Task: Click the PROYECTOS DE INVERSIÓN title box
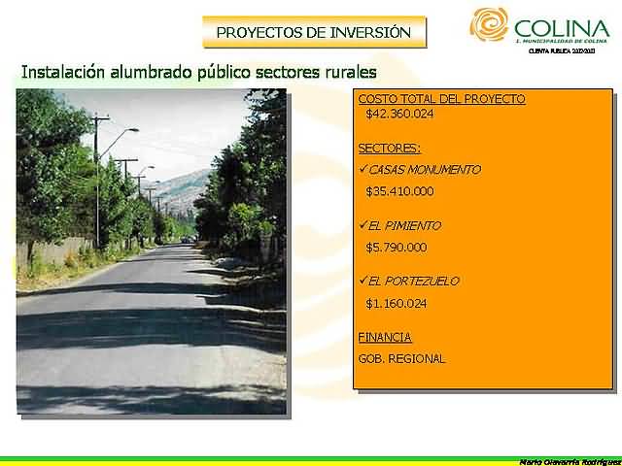(x=314, y=32)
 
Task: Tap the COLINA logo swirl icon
(x=489, y=25)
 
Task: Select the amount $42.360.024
(x=399, y=114)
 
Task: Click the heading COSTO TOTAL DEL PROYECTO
(x=441, y=99)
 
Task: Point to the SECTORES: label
(x=389, y=148)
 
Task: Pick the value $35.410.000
(x=399, y=191)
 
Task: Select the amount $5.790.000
(x=397, y=248)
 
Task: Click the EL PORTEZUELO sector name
(x=414, y=281)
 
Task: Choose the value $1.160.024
(x=397, y=303)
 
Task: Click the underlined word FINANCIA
(x=385, y=338)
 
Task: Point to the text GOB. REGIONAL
(x=401, y=359)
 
